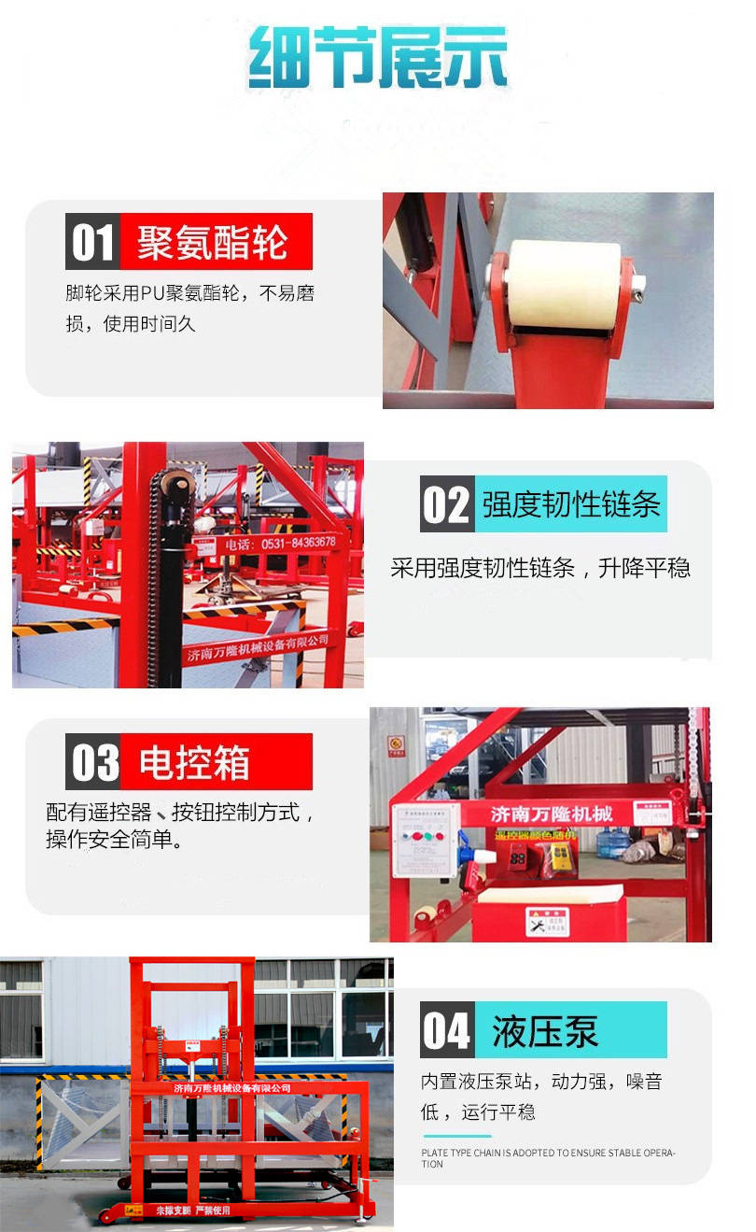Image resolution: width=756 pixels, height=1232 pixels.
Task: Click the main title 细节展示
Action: coord(378,58)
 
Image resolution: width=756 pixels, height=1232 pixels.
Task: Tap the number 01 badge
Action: coord(92,242)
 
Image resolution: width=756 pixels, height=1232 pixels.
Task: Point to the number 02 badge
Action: coord(446,505)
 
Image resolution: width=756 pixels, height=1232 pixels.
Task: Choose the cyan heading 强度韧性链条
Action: coord(571,505)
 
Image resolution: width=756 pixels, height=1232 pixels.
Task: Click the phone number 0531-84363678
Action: coord(280,543)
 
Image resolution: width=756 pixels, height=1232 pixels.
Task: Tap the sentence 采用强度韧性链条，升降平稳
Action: coord(539,568)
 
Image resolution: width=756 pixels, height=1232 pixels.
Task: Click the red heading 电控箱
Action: coord(196,762)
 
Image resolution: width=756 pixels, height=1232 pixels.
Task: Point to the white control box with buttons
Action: coord(426,840)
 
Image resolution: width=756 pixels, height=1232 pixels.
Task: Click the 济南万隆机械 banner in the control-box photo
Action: coord(552,814)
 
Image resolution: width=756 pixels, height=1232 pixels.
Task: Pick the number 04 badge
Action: coord(446,1030)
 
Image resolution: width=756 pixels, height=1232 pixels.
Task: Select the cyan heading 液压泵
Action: coord(546,1030)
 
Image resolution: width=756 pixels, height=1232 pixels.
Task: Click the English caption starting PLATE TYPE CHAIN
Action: coord(547,1158)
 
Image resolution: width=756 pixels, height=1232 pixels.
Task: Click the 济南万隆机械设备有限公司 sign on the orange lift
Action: coord(232,1088)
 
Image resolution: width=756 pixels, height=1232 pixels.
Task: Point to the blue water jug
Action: coord(612,843)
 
